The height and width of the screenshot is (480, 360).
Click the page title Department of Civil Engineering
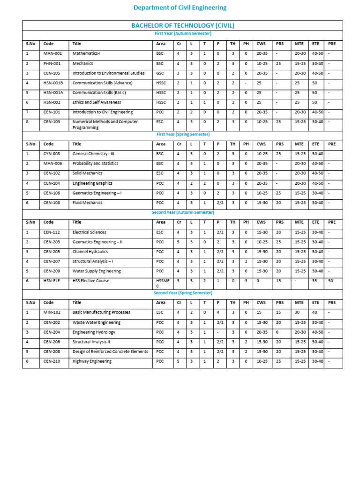(x=180, y=7)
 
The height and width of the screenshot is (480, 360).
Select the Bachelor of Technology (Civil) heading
(x=182, y=25)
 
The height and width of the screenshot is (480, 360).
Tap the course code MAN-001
(x=52, y=53)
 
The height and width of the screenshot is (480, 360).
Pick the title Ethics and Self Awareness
(x=97, y=102)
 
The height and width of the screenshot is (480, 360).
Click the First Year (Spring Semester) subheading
(x=182, y=134)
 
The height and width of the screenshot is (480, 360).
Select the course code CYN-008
(x=52, y=154)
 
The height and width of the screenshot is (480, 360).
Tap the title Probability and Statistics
(x=95, y=164)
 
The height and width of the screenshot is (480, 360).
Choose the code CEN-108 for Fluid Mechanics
(x=52, y=202)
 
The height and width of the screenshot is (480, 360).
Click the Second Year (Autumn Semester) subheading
(x=182, y=212)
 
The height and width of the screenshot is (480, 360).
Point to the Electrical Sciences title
(x=89, y=232)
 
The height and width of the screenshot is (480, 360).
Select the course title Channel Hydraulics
(x=90, y=252)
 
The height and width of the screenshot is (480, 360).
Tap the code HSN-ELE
(x=52, y=281)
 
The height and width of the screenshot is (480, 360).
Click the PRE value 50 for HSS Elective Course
(x=331, y=281)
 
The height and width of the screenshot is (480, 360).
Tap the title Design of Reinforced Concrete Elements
(x=110, y=351)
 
